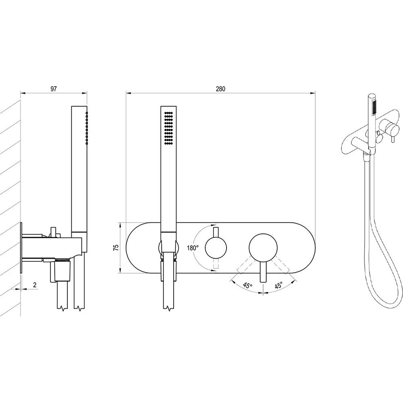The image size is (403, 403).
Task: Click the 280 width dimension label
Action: pyautogui.click(x=220, y=89)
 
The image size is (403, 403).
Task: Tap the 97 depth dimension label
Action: pyautogui.click(x=54, y=89)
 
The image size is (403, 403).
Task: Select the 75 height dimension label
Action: pyautogui.click(x=116, y=247)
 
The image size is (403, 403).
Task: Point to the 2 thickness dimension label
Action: pyautogui.click(x=35, y=285)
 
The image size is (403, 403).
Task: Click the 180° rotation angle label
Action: pyautogui.click(x=193, y=248)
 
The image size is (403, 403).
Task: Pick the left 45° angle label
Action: pyautogui.click(x=248, y=285)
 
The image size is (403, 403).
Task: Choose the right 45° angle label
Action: pyautogui.click(x=278, y=285)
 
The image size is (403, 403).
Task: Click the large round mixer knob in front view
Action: pyautogui.click(x=263, y=248)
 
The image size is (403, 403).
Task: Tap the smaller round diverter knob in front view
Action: pyautogui.click(x=216, y=248)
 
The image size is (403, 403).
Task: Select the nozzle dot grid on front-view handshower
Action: pyautogui.click(x=168, y=128)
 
